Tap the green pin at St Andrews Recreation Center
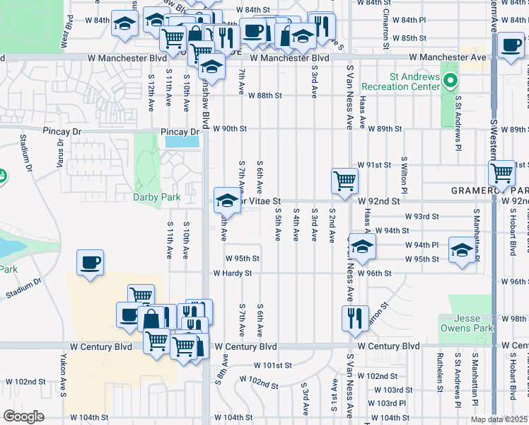(x=448, y=81)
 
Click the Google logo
(x=23, y=416)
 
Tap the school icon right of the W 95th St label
(x=463, y=250)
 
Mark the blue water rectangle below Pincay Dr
(x=182, y=142)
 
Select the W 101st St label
(x=273, y=366)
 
